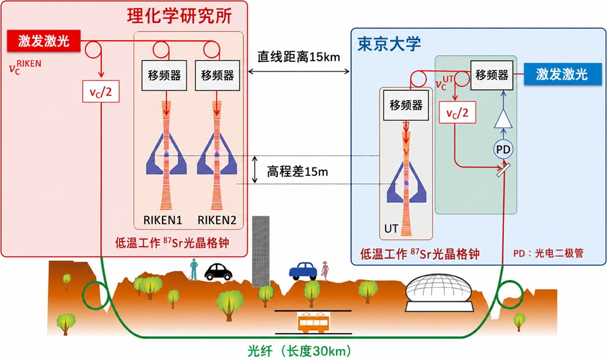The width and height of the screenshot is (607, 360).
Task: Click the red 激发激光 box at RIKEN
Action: pyautogui.click(x=43, y=41)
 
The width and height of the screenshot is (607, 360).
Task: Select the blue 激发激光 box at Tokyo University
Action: pyautogui.click(x=561, y=74)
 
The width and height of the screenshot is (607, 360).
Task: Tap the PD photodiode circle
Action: pyautogui.click(x=503, y=149)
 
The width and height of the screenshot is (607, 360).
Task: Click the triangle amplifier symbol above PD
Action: pyautogui.click(x=503, y=118)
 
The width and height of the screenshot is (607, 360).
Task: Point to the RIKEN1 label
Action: pyautogui.click(x=163, y=220)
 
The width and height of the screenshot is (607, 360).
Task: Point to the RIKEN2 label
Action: pyautogui.click(x=217, y=220)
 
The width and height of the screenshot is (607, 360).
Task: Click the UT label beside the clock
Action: pyautogui.click(x=391, y=229)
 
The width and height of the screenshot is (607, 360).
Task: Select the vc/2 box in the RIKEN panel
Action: pyautogui.click(x=101, y=91)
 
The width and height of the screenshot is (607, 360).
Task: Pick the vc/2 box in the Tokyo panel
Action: pyautogui.click(x=457, y=113)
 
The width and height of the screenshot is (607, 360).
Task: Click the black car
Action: pyautogui.click(x=219, y=272)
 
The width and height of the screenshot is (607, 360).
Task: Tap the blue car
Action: pyautogui.click(x=303, y=271)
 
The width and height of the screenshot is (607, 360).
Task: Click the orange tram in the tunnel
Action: pyautogui.click(x=313, y=322)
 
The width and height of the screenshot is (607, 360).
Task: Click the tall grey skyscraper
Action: pyautogui.click(x=260, y=251)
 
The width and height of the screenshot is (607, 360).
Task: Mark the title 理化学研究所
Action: pyautogui.click(x=180, y=16)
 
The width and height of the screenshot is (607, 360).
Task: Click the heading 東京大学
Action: pyautogui.click(x=389, y=44)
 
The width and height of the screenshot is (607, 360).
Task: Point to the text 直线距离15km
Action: pyautogui.click(x=299, y=57)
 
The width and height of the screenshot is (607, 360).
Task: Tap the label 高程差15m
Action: pyautogui.click(x=297, y=171)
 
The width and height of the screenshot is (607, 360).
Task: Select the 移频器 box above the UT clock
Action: pyautogui.click(x=405, y=105)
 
